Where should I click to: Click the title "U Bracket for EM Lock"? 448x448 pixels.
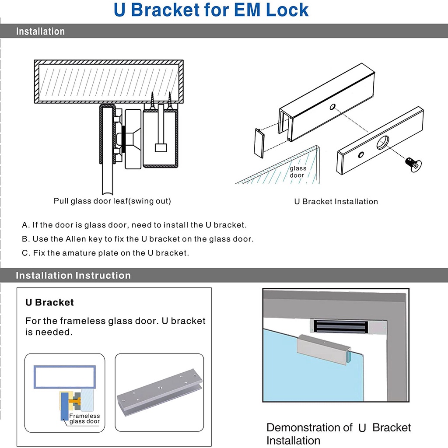211,10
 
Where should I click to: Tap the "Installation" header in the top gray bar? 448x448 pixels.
40,31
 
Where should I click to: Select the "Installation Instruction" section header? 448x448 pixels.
73,276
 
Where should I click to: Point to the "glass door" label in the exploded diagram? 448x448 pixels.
297,171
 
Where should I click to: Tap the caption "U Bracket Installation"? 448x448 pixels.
336,202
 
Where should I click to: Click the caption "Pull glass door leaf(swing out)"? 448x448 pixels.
112,201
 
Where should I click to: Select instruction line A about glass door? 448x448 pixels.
134,225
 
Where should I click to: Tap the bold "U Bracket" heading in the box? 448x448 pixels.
49,303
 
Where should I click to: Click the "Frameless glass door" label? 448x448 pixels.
84,419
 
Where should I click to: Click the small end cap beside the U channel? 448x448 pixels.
258,142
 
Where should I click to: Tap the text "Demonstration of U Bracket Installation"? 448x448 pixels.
338,434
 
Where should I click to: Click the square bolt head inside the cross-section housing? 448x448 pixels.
161,147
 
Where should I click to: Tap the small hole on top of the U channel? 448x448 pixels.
332,106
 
